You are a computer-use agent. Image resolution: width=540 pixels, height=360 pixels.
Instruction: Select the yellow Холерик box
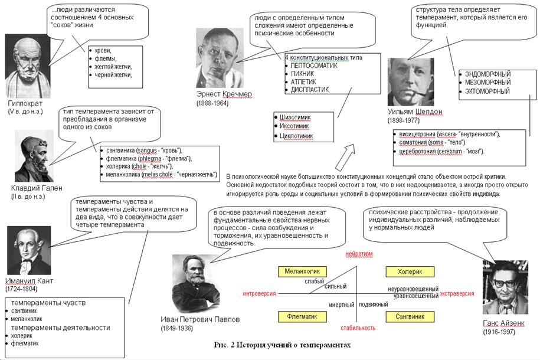pos(410,271)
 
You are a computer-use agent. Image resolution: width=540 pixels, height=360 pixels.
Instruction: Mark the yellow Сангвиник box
pos(410,316)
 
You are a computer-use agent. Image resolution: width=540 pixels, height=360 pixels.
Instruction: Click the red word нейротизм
pos(359,253)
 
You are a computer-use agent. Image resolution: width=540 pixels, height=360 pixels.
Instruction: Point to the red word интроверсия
pos(260,293)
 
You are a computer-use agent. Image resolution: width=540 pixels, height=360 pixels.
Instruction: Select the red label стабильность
pos(358,328)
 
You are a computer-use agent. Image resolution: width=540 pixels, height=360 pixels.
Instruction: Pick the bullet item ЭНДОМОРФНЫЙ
pos(488,74)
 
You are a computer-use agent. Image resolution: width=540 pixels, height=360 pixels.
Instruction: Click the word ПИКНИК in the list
pos(303,74)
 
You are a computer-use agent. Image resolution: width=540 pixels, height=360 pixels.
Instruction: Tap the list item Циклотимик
pos(297,136)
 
